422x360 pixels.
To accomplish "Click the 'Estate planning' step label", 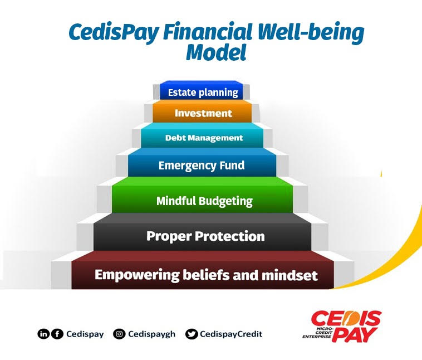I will pyautogui.click(x=203, y=93).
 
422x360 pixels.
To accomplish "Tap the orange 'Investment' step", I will pyautogui.click(x=203, y=113).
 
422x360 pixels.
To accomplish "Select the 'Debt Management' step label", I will pyautogui.click(x=204, y=138).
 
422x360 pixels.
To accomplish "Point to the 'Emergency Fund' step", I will pyautogui.click(x=202, y=166).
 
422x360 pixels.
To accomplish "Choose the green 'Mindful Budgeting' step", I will pyautogui.click(x=204, y=201).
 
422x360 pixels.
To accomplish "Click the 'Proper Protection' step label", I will pyautogui.click(x=205, y=236).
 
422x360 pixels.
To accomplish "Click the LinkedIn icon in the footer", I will pyautogui.click(x=43, y=334).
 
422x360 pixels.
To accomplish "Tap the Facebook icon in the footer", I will pyautogui.click(x=57, y=334).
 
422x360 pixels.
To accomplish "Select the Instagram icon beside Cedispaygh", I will pyautogui.click(x=119, y=334).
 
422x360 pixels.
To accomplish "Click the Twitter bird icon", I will pyautogui.click(x=192, y=334).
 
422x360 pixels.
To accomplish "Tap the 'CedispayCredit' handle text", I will pyautogui.click(x=232, y=334).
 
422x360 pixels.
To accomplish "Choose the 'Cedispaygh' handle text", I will pyautogui.click(x=151, y=334).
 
